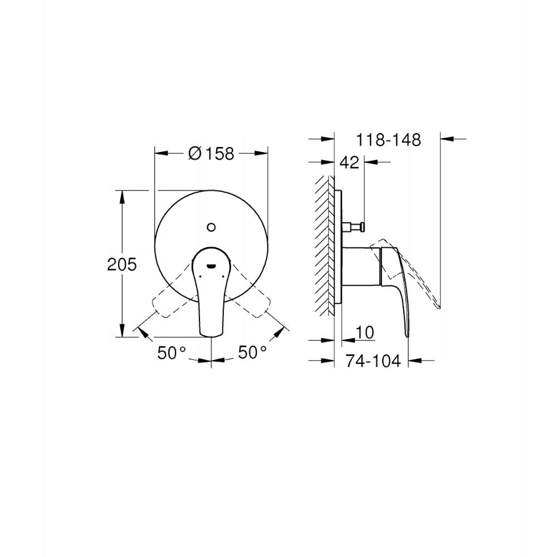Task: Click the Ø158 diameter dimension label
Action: [211, 153]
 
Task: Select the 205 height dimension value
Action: [121, 264]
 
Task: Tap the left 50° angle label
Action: [171, 352]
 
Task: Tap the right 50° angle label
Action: [252, 352]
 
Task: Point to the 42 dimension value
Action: [349, 163]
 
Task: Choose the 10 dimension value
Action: [364, 332]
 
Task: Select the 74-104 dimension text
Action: [373, 361]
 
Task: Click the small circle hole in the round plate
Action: [211, 227]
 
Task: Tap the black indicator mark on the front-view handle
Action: [211, 266]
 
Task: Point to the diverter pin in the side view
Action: [354, 226]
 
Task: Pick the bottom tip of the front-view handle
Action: [211, 335]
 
